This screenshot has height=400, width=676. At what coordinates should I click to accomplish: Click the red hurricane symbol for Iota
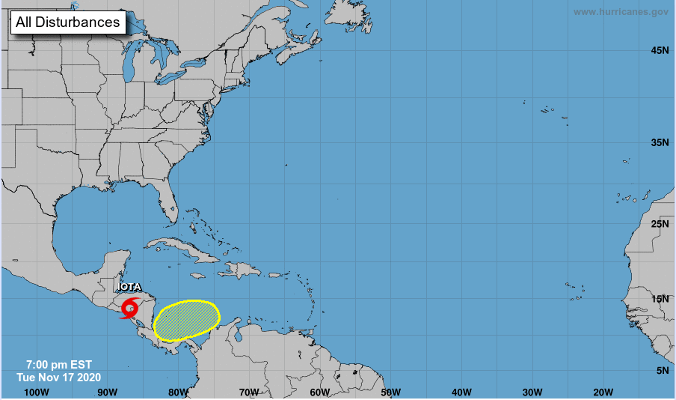click(x=130, y=308)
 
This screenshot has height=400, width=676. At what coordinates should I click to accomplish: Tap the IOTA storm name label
click(x=129, y=286)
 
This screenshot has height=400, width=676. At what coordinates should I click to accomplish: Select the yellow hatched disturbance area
click(x=186, y=321)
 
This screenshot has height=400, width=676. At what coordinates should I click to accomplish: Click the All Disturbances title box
click(x=67, y=22)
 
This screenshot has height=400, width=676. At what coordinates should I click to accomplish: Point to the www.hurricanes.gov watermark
click(x=621, y=11)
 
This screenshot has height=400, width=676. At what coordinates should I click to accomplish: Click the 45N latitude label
click(x=659, y=50)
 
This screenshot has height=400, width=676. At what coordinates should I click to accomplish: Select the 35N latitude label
click(x=659, y=142)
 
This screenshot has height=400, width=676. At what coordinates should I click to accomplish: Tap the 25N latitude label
click(x=659, y=224)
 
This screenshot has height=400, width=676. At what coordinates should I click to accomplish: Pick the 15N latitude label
click(x=659, y=299)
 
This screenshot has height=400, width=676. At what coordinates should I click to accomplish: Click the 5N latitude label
click(x=662, y=371)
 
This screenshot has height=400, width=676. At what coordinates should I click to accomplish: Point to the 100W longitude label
click(x=36, y=392)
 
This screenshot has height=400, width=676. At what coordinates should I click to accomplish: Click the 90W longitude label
click(x=107, y=392)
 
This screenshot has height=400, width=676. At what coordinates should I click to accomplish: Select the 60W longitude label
click(x=319, y=392)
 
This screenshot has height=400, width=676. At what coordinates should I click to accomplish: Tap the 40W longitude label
click(x=461, y=392)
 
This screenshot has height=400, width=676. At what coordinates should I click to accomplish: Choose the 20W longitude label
click(x=603, y=392)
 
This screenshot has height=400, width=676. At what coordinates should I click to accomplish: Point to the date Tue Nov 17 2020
click(x=59, y=377)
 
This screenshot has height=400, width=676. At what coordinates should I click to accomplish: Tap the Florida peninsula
click(x=170, y=201)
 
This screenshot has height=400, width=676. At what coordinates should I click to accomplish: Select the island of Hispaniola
click(x=243, y=268)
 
